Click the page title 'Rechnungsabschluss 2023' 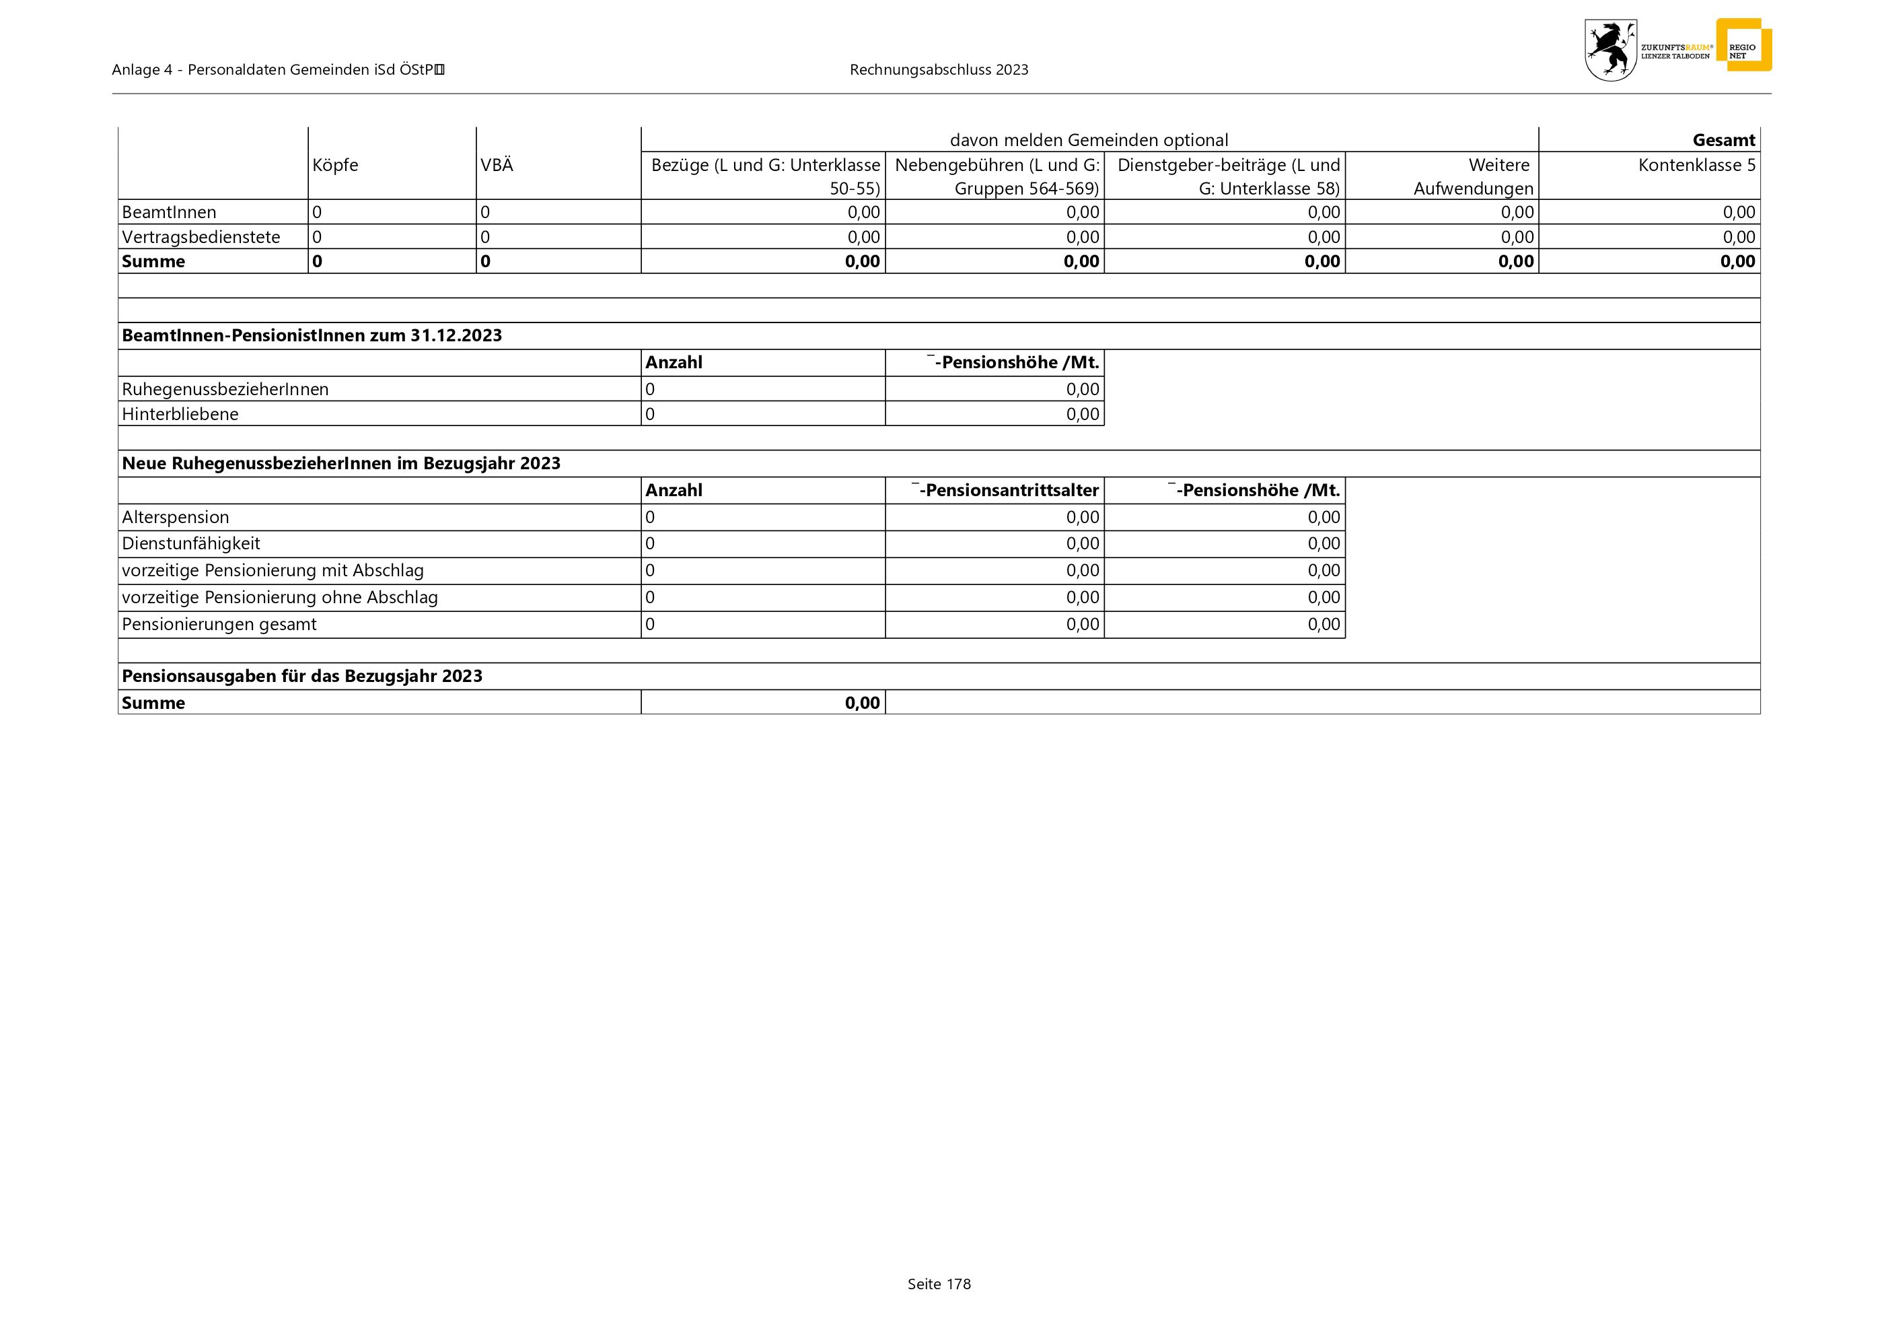[939, 70]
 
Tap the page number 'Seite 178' [939, 1284]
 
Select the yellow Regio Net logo [1743, 46]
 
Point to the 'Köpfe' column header [335, 165]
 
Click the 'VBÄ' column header [497, 165]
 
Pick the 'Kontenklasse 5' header [1696, 165]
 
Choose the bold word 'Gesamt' [1723, 140]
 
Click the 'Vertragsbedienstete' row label [201, 237]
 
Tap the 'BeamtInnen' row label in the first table [169, 213]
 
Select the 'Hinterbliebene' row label [180, 413]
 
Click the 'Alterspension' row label [176, 517]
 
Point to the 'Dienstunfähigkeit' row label [190, 543]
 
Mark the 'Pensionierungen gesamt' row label [219, 625]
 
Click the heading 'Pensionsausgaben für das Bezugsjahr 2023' [302, 677]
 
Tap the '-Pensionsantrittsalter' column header [1005, 491]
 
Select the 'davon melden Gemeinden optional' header [1088, 140]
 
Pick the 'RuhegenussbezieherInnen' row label [225, 389]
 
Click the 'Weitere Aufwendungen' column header [1473, 176]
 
